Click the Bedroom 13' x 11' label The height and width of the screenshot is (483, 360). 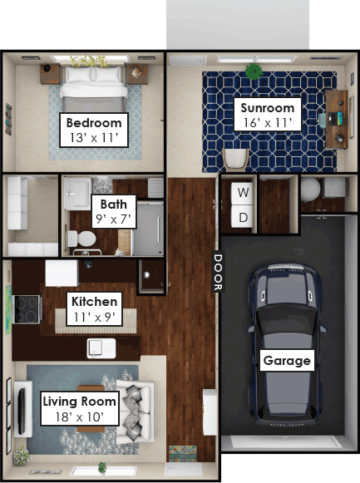tap(94, 130)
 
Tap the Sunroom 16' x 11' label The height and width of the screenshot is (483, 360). tap(268, 115)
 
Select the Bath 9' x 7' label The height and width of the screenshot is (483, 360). tap(114, 212)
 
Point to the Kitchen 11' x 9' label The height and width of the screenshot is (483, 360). tap(94, 309)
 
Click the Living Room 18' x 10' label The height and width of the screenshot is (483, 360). tap(80, 409)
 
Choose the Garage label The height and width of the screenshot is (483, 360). tap(287, 360)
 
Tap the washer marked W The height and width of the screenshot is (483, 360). tap(243, 194)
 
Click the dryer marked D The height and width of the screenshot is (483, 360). tap(243, 216)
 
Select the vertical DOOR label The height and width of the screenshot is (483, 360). tap(218, 272)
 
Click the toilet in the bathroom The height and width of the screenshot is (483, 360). tap(81, 239)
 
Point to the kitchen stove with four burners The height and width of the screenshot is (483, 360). tap(27, 309)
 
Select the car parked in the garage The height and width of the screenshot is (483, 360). tap(287, 344)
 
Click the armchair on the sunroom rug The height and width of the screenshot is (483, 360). tap(236, 160)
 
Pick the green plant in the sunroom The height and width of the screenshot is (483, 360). tap(254, 71)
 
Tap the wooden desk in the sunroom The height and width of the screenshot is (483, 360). tap(337, 119)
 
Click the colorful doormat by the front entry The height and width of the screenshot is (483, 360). tap(183, 453)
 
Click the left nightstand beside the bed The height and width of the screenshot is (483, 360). tap(50, 74)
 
